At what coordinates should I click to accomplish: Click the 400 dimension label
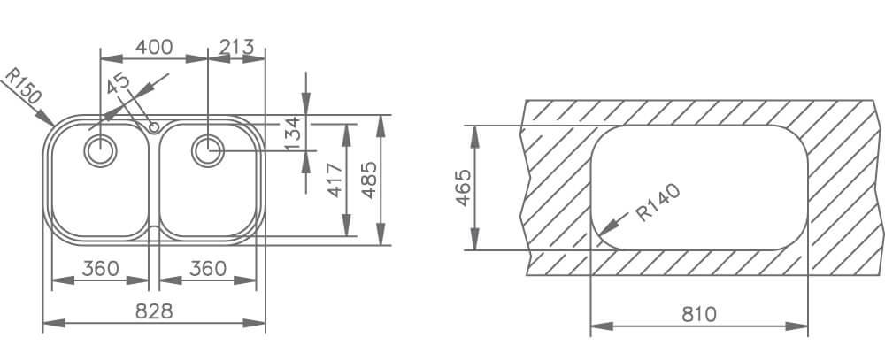click(x=154, y=48)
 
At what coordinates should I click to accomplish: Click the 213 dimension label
click(x=236, y=48)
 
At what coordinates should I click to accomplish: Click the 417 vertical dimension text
click(x=335, y=180)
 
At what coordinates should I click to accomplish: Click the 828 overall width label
click(x=154, y=311)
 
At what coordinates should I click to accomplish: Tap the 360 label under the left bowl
click(x=101, y=268)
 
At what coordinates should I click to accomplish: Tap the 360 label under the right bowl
click(x=208, y=268)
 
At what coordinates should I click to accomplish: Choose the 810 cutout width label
click(x=698, y=314)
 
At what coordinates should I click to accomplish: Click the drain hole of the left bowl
click(x=100, y=149)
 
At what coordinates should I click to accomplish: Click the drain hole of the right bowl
click(x=208, y=149)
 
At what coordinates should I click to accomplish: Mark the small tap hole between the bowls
click(x=155, y=127)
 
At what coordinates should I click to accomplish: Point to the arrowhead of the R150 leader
click(x=52, y=122)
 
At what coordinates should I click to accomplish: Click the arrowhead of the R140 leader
click(x=601, y=236)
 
